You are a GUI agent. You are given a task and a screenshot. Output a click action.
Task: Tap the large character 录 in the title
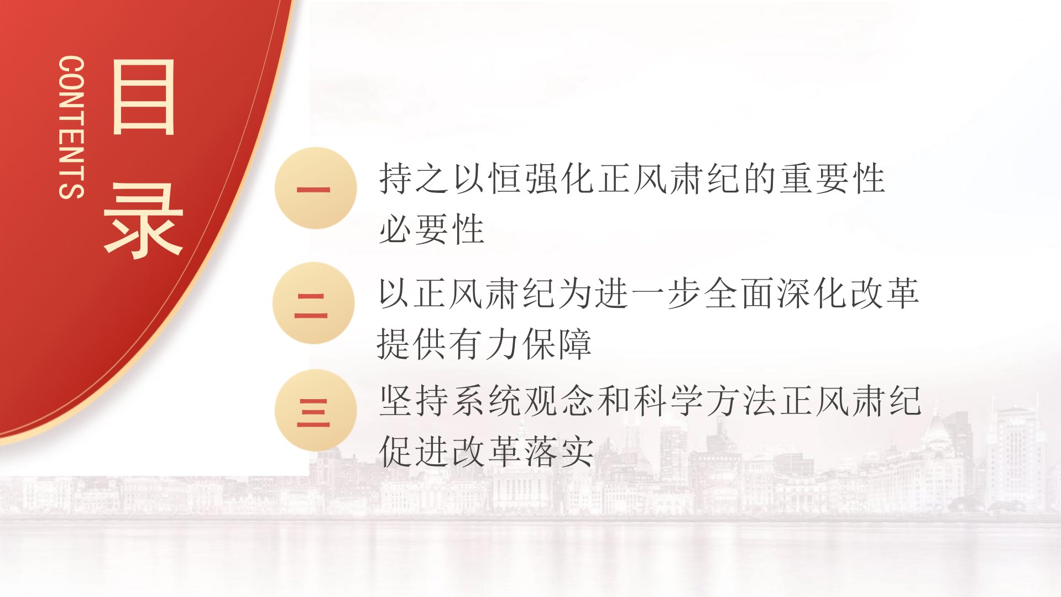143,220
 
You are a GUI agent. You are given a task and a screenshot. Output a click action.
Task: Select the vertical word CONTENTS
71,127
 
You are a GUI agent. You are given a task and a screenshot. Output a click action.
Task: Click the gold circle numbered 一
315,188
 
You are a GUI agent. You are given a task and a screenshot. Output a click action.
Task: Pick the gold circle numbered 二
313,303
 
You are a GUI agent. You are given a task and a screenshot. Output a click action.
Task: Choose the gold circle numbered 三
315,410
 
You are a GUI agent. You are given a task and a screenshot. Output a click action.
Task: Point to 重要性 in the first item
833,179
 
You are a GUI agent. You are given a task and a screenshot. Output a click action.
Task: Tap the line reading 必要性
432,229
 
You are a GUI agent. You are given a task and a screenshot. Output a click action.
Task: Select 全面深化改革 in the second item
811,293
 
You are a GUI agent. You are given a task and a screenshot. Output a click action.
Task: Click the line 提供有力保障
484,344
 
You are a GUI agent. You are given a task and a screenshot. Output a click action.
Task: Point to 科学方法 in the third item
705,401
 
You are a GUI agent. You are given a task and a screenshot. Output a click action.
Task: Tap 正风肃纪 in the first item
670,179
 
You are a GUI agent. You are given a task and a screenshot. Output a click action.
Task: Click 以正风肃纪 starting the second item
467,293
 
